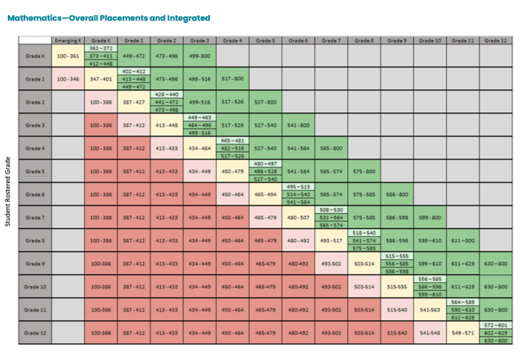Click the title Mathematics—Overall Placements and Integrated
[108, 18]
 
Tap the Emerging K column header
[68, 41]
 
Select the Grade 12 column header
[496, 41]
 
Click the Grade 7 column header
[331, 41]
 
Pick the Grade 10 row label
[35, 287]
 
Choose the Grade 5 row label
[35, 172]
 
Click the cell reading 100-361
[68, 56]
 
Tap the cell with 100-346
[68, 79]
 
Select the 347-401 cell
[101, 79]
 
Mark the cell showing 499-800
[200, 56]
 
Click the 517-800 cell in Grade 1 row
[232, 79]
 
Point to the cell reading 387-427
[134, 102]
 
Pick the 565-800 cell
[331, 149]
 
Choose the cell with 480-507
[298, 218]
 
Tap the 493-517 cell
[331, 241]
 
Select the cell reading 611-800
[462, 241]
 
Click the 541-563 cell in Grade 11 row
[429, 310]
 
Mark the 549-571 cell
[462, 333]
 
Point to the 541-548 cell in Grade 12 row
[429, 333]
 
